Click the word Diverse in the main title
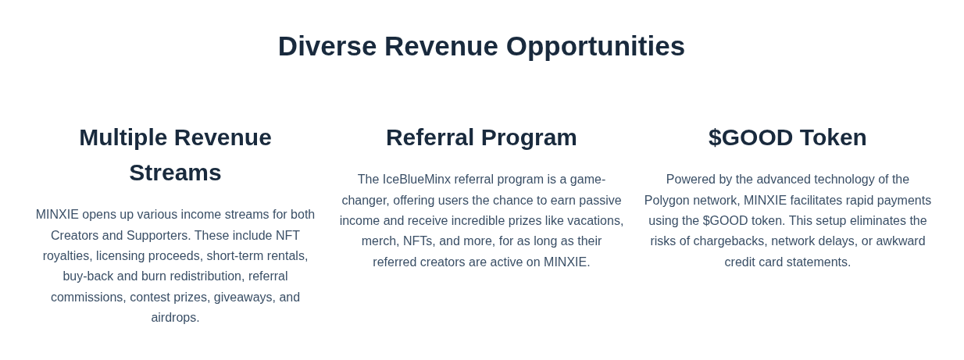pos(327,46)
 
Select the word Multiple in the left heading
pos(123,138)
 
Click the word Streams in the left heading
pos(175,173)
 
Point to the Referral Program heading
pos(481,138)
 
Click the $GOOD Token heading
pos(787,137)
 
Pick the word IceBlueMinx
pos(416,180)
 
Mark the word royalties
pos(67,256)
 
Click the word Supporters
pos(159,236)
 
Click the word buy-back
pos(88,276)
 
